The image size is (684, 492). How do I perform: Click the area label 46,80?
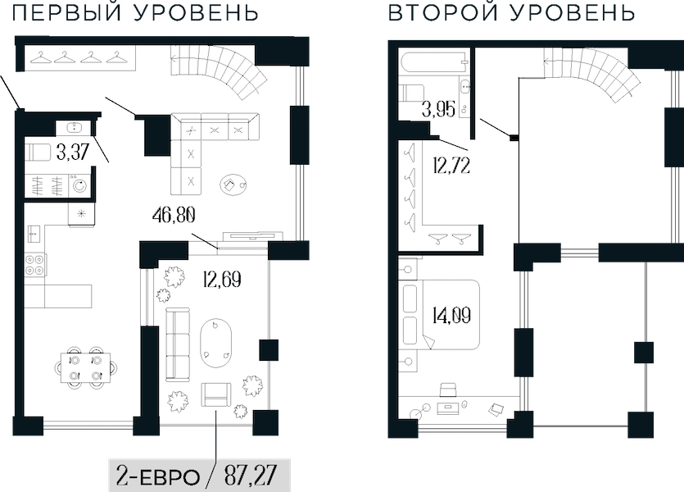(x=174, y=215)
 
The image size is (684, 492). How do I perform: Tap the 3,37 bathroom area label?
(x=73, y=153)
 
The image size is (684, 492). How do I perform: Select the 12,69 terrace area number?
(x=222, y=280)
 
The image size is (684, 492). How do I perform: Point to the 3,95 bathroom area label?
(x=439, y=109)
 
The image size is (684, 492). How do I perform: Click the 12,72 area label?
(x=451, y=166)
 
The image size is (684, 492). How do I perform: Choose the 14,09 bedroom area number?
(x=451, y=315)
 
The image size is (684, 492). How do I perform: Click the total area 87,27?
(x=251, y=476)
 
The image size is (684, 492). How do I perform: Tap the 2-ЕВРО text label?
(x=157, y=476)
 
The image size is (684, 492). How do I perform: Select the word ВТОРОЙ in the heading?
(x=443, y=12)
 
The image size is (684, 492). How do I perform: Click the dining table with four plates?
(x=85, y=367)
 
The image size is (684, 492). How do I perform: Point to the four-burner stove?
(x=36, y=265)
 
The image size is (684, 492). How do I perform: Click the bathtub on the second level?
(x=433, y=63)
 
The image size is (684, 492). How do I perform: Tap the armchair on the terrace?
(x=216, y=394)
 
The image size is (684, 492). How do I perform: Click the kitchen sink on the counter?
(x=34, y=233)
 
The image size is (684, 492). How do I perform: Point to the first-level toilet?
(x=38, y=153)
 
